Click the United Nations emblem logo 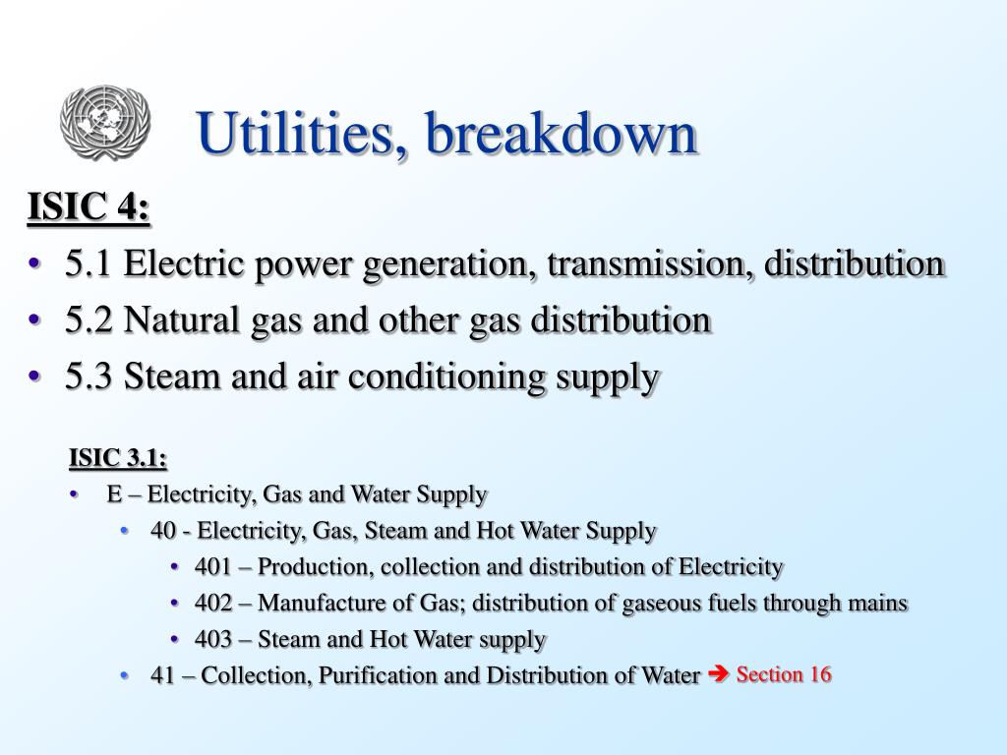[x=104, y=122]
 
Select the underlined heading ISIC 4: [x=89, y=208]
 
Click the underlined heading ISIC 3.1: [x=118, y=458]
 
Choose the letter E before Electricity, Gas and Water [x=114, y=494]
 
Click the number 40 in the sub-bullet [x=163, y=531]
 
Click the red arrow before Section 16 [x=717, y=674]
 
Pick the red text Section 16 [x=784, y=674]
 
